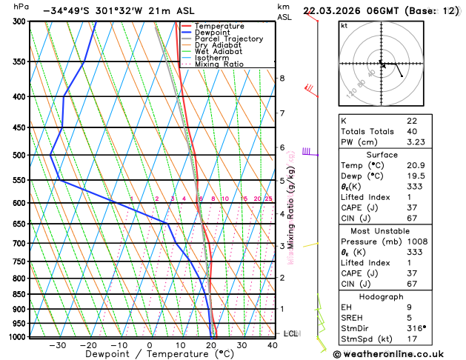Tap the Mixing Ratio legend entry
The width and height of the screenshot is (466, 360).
click(x=219, y=64)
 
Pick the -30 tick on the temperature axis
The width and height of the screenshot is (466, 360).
click(x=57, y=345)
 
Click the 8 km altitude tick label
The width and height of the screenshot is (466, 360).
click(x=282, y=79)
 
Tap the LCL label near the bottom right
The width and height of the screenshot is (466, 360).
click(x=290, y=334)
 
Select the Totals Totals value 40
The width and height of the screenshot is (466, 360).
click(x=412, y=130)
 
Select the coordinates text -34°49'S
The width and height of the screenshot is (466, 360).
click(x=68, y=11)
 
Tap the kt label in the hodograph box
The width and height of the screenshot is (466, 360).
click(x=344, y=25)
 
